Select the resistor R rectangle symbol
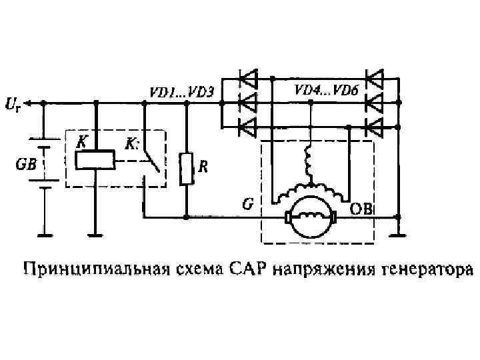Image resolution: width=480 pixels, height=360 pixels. [x=186, y=169]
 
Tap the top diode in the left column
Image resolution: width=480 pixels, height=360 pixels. [x=248, y=81]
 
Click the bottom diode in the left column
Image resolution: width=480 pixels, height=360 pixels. [x=248, y=125]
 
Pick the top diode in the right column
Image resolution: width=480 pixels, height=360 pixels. [x=375, y=81]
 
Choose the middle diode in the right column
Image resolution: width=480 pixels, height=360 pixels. [x=375, y=103]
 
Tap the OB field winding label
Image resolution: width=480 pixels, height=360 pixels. [x=363, y=209]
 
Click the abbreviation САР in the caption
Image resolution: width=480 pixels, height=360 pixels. [x=252, y=270]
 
